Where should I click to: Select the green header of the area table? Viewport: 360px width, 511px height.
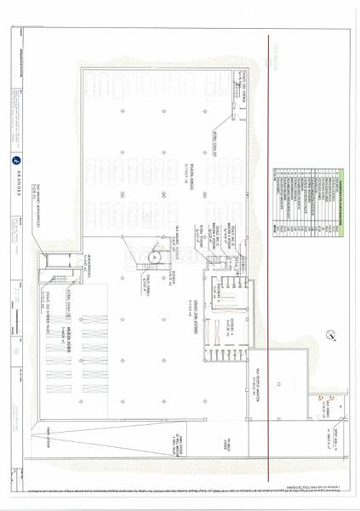click(x=343, y=200)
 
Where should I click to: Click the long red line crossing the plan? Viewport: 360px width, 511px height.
click(x=271, y=255)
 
